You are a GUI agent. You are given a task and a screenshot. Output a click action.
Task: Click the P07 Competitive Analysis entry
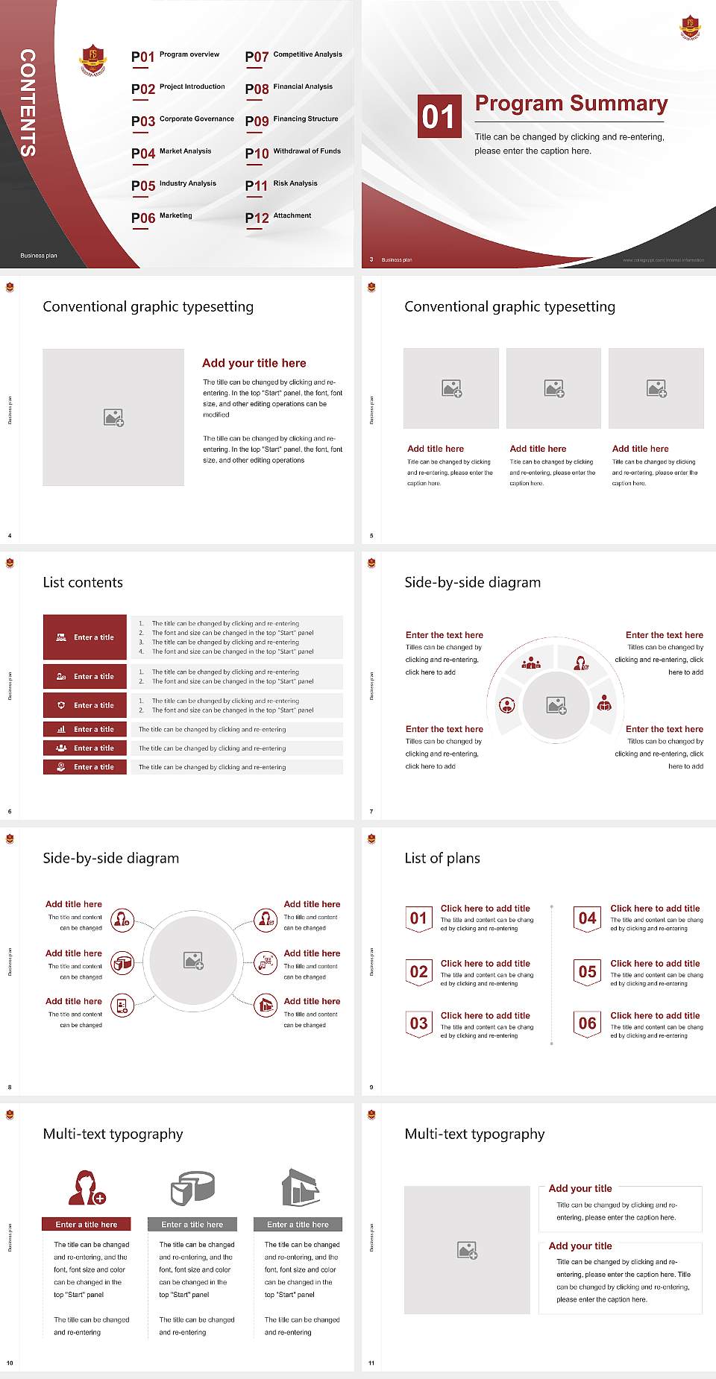(294, 56)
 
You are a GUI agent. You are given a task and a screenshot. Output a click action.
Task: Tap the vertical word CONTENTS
(28, 103)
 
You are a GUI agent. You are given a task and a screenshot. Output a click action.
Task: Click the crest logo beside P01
(92, 60)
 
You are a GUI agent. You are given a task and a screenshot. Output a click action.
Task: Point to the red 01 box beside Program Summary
(439, 116)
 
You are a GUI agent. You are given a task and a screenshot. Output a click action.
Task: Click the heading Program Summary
(571, 104)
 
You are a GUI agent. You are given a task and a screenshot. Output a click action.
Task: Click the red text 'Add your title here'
(254, 363)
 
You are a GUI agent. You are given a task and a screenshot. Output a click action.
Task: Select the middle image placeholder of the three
(553, 388)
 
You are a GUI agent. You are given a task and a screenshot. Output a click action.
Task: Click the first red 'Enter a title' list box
(85, 637)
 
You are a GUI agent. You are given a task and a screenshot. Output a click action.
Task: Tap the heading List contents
(83, 582)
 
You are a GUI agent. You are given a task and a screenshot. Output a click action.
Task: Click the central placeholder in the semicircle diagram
(556, 705)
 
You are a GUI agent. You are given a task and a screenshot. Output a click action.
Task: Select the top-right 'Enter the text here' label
(664, 635)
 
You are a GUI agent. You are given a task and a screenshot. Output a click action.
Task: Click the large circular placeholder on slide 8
(194, 961)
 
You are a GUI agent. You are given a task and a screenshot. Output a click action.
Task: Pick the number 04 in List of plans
(587, 918)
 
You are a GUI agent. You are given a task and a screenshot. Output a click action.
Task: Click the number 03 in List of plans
(418, 1023)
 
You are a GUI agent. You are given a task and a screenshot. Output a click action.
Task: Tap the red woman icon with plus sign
(87, 1187)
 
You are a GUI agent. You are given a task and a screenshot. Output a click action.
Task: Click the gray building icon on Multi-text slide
(300, 1187)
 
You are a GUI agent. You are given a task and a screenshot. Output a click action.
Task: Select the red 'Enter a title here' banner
(86, 1224)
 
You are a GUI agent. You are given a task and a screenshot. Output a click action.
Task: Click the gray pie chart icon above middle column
(192, 1187)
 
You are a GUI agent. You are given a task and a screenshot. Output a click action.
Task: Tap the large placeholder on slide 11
(467, 1250)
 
